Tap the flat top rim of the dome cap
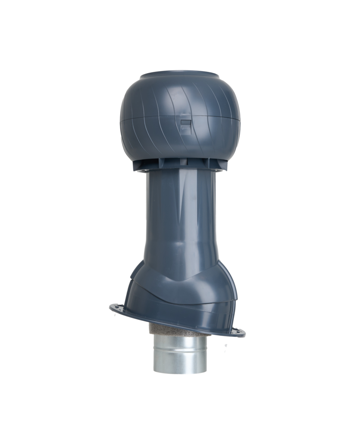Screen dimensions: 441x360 pos(180,74)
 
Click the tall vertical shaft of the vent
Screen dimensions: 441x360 pos(180,215)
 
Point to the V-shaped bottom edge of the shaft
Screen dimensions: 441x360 pos(180,276)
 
